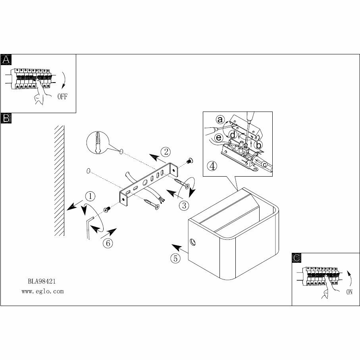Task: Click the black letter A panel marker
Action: pyautogui.click(x=6, y=60)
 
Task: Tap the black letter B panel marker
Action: pyautogui.click(x=6, y=118)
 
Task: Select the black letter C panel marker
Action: pyautogui.click(x=296, y=258)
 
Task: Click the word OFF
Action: pyautogui.click(x=62, y=97)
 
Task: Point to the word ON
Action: pyautogui.click(x=349, y=292)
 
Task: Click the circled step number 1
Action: pyautogui.click(x=90, y=196)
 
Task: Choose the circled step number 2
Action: pyautogui.click(x=165, y=151)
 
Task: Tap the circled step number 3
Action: pyautogui.click(x=183, y=205)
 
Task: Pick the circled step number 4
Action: pyautogui.click(x=213, y=166)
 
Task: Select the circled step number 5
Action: pyautogui.click(x=175, y=258)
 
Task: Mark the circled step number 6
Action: pyautogui.click(x=108, y=243)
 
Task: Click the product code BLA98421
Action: pyautogui.click(x=42, y=281)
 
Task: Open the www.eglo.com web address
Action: pyautogui.click(x=42, y=291)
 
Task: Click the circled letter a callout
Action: pyautogui.click(x=220, y=119)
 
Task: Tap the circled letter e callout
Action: pyautogui.click(x=218, y=138)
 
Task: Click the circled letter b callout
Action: pyautogui.click(x=259, y=145)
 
